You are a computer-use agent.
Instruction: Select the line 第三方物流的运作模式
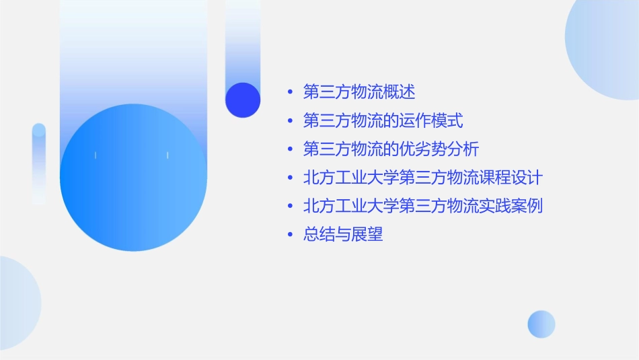coord(383,120)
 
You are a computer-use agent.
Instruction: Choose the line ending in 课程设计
coord(422,178)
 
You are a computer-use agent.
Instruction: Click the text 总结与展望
coord(343,235)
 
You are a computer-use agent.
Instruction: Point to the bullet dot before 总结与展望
coord(290,236)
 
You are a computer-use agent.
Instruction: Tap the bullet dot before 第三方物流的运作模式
coord(290,121)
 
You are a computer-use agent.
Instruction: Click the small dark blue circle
coord(243,100)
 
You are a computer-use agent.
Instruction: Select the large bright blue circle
coord(133,178)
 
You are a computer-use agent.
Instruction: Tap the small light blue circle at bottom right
coord(541,324)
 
